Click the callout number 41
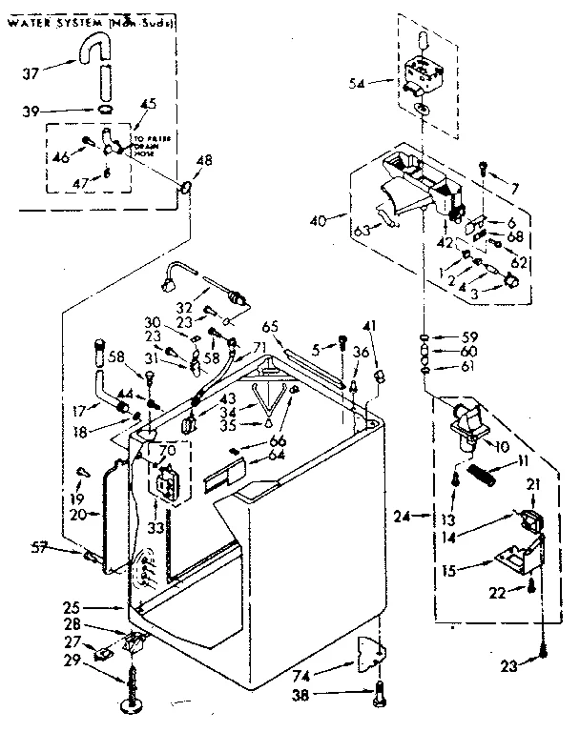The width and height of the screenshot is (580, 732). pos(370,327)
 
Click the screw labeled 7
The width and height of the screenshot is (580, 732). pos(485,170)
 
